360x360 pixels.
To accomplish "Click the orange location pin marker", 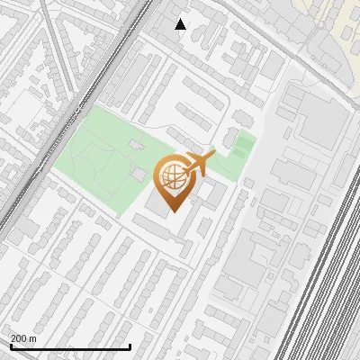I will (x=173, y=181).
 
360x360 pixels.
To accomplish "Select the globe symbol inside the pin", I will (x=173, y=175).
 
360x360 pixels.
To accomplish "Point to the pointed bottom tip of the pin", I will (x=173, y=211).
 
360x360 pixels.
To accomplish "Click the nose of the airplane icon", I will (x=215, y=155).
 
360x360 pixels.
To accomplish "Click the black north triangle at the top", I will (x=181, y=24).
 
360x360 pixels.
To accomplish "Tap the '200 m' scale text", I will (x=22, y=337).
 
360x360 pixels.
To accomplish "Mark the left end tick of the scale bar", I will (x=11, y=346).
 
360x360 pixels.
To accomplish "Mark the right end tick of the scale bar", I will (x=130, y=346).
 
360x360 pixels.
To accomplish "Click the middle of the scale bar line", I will (x=70, y=347).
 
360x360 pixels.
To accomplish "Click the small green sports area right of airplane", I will (x=240, y=145).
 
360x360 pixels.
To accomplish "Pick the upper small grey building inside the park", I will (x=136, y=144).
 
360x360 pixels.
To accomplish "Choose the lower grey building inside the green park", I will (x=141, y=172).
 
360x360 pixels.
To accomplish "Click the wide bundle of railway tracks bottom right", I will (x=324, y=288).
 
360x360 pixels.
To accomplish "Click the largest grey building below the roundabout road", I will (x=315, y=121).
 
